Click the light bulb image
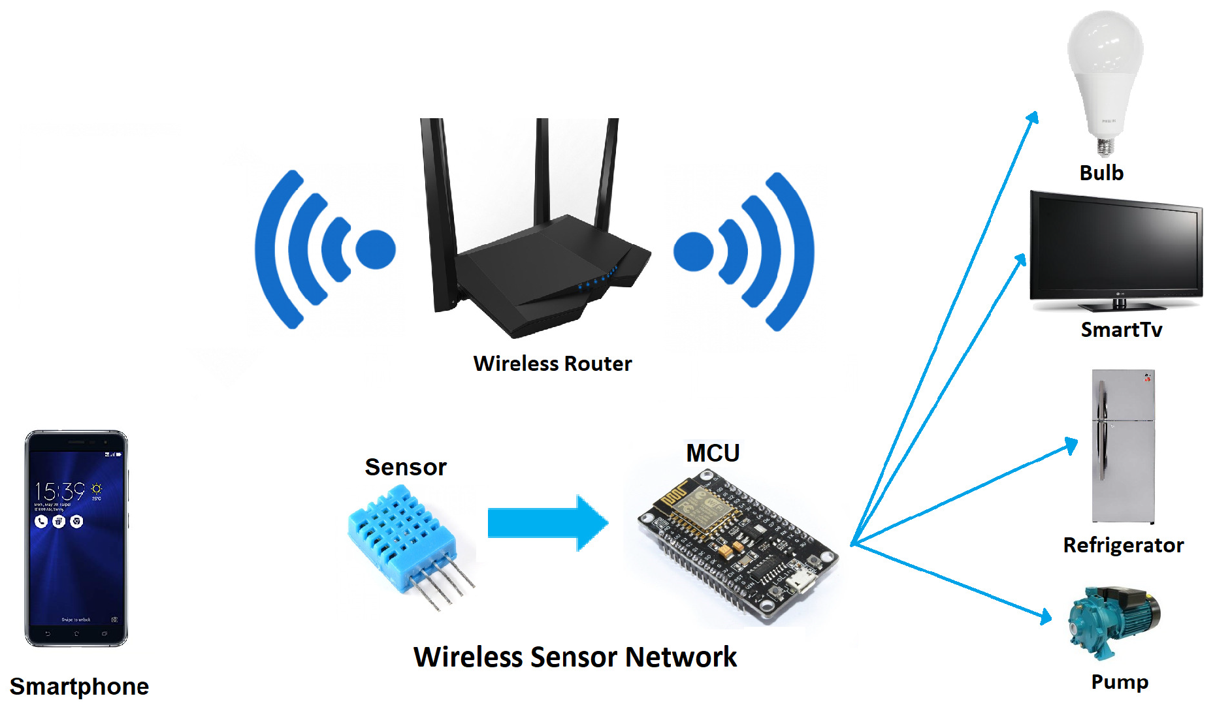point(1105,72)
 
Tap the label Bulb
point(1101,173)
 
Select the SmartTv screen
point(1116,248)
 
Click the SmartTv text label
point(1121,330)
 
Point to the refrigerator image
point(1123,447)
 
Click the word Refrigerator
point(1123,545)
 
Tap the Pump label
point(1120,682)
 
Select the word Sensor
point(406,467)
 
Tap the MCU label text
point(713,453)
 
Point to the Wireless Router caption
point(553,364)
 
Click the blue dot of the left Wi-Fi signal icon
point(376,249)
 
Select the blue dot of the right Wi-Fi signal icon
point(693,251)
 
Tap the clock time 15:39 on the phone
point(60,491)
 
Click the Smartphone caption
point(79,687)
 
